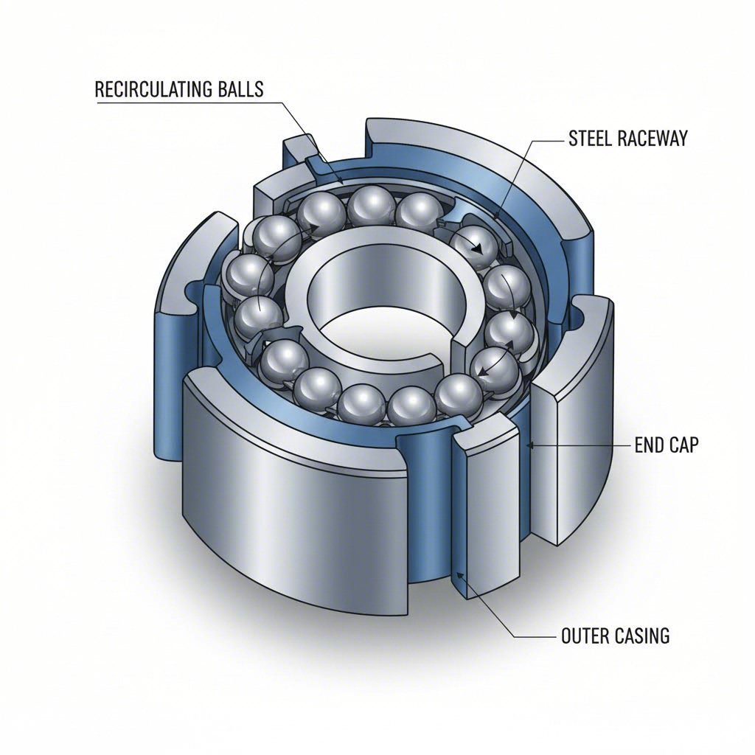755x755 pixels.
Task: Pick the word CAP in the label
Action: coord(683,446)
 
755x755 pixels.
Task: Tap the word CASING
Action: coord(642,636)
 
